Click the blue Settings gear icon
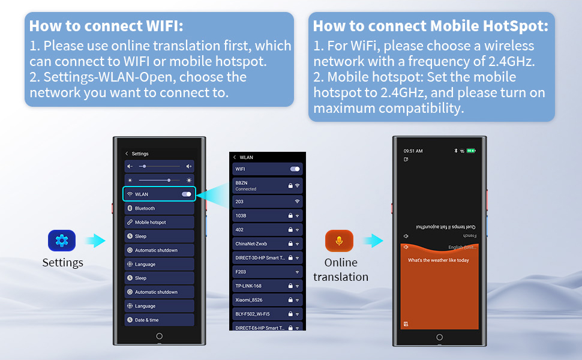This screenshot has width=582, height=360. pyautogui.click(x=62, y=241)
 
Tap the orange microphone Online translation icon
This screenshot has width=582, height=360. pyautogui.click(x=339, y=241)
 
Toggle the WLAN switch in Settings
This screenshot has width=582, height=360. pyautogui.click(x=187, y=194)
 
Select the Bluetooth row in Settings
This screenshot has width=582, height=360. pyautogui.click(x=159, y=208)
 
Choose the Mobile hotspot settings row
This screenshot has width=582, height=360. pyautogui.click(x=159, y=222)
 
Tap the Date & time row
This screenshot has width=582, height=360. pyautogui.click(x=159, y=320)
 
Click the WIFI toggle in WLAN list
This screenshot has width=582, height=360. pyautogui.click(x=295, y=169)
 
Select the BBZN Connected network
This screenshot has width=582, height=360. pyautogui.click(x=267, y=185)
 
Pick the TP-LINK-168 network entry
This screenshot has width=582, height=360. pyautogui.click(x=267, y=286)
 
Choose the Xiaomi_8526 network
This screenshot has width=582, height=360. pyautogui.click(x=267, y=299)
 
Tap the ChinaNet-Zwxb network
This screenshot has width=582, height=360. pyautogui.click(x=267, y=244)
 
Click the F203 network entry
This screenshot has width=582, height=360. pyautogui.click(x=267, y=272)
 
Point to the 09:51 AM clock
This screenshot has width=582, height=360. pyautogui.click(x=413, y=151)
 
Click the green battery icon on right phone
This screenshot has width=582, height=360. pyautogui.click(x=471, y=151)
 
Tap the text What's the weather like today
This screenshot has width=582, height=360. pyautogui.click(x=438, y=260)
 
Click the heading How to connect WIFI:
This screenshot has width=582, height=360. pyautogui.click(x=106, y=26)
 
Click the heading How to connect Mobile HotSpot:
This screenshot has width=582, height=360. pyautogui.click(x=431, y=26)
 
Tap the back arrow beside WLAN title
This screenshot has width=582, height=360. pyautogui.click(x=235, y=157)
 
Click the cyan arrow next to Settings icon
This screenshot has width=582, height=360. pyautogui.click(x=95, y=241)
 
